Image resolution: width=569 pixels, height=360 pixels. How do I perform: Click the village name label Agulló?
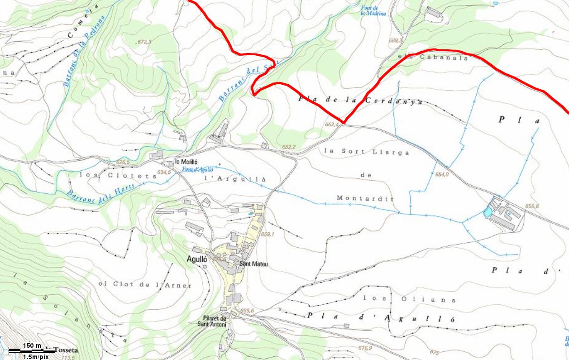click(196, 259)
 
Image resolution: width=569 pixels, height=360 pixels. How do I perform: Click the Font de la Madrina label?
click(373, 10)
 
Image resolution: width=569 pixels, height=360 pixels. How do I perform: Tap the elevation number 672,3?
click(143, 42)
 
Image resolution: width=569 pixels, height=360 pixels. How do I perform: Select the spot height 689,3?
click(395, 40)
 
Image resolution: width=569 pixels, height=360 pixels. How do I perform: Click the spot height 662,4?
click(332, 124)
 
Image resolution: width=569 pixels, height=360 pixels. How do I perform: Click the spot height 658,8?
click(532, 206)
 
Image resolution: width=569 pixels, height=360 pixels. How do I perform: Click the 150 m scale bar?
click(32, 347)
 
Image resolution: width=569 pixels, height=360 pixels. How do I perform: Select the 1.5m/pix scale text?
click(36, 356)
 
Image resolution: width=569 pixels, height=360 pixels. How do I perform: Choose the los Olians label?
click(409, 299)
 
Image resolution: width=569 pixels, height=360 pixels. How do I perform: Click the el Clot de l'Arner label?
click(145, 285)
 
